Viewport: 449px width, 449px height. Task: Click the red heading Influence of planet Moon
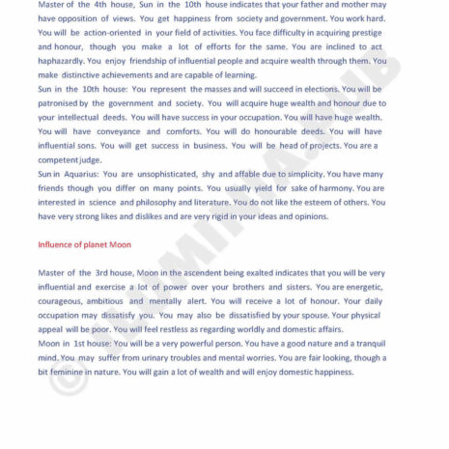tap(84, 244)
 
